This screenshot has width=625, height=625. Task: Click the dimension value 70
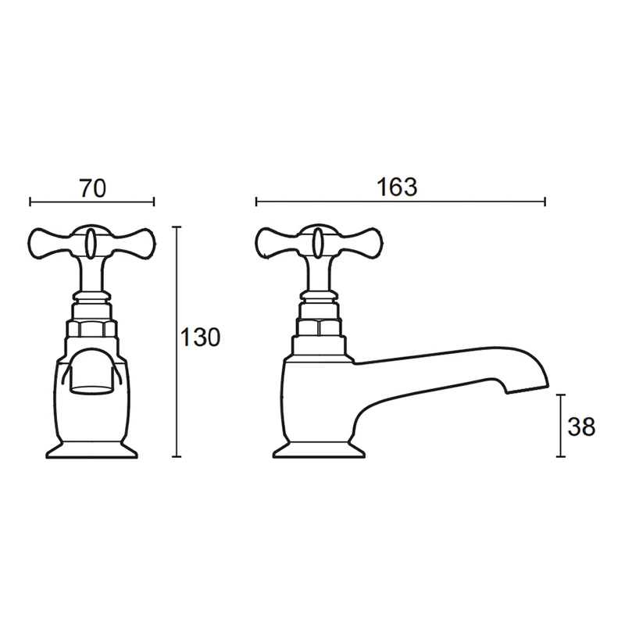click(x=92, y=188)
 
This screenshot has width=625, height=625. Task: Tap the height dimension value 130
click(x=201, y=338)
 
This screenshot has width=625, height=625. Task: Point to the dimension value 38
click(x=582, y=427)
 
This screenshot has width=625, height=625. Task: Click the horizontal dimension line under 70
click(x=92, y=202)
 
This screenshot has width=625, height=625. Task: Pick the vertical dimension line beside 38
click(x=559, y=426)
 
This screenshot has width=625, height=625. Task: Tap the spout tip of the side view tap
click(x=531, y=384)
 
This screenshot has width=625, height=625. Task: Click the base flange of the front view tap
click(x=91, y=451)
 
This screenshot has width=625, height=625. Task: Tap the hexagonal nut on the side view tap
click(x=319, y=326)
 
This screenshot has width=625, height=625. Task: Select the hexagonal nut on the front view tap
click(x=91, y=326)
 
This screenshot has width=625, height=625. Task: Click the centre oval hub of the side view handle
click(x=319, y=241)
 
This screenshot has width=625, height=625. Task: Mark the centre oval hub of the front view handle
click(x=91, y=241)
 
